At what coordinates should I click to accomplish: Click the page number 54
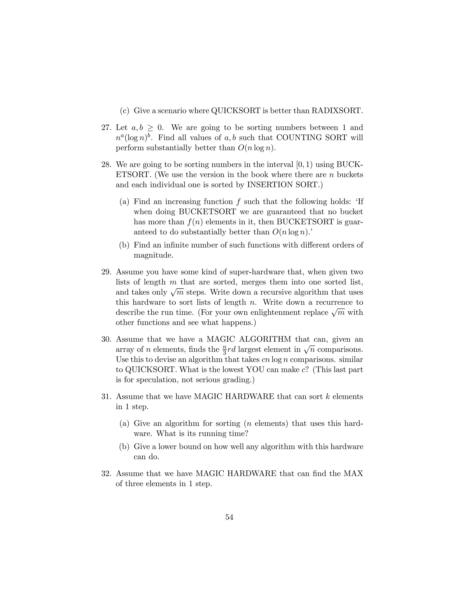229,517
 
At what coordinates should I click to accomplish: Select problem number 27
106,127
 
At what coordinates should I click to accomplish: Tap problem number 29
106,272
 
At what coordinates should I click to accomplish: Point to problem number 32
106,473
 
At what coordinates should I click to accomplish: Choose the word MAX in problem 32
353,473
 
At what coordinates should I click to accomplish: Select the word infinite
175,245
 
